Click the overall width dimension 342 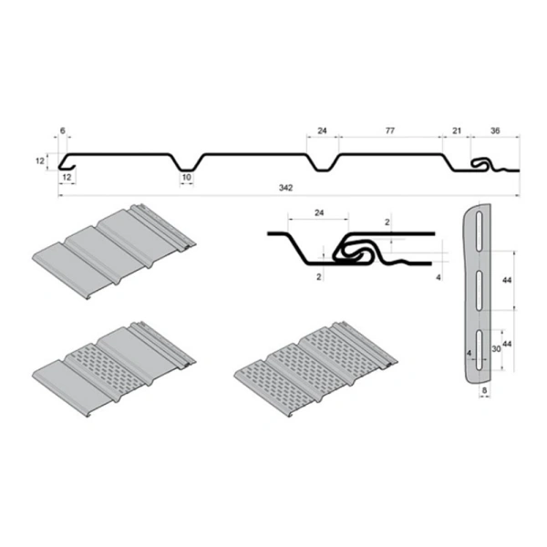[x=287, y=188]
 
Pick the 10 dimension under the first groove [x=186, y=177]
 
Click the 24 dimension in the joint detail [x=317, y=212]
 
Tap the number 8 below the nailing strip [x=485, y=389]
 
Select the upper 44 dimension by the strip [x=506, y=279]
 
